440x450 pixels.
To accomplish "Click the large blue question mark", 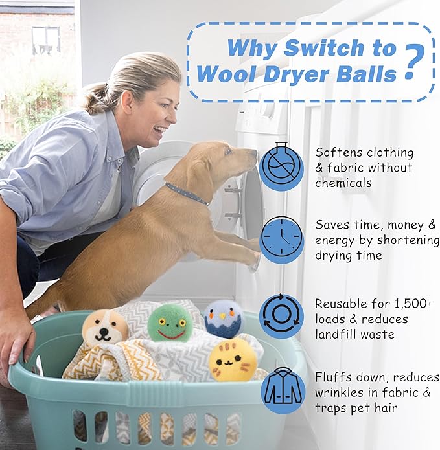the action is tap(414, 62).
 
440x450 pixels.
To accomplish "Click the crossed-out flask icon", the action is tap(281, 167).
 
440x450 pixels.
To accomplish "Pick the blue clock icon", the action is tap(281, 240).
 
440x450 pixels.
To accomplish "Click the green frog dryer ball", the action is tap(170, 323).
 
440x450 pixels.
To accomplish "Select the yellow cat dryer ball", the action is tap(233, 360).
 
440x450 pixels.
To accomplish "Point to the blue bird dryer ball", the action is tap(224, 319).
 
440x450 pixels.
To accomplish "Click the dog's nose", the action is tap(255, 153).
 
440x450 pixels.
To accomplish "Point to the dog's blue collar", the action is tap(187, 194).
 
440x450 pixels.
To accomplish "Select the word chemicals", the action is tap(343, 183).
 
